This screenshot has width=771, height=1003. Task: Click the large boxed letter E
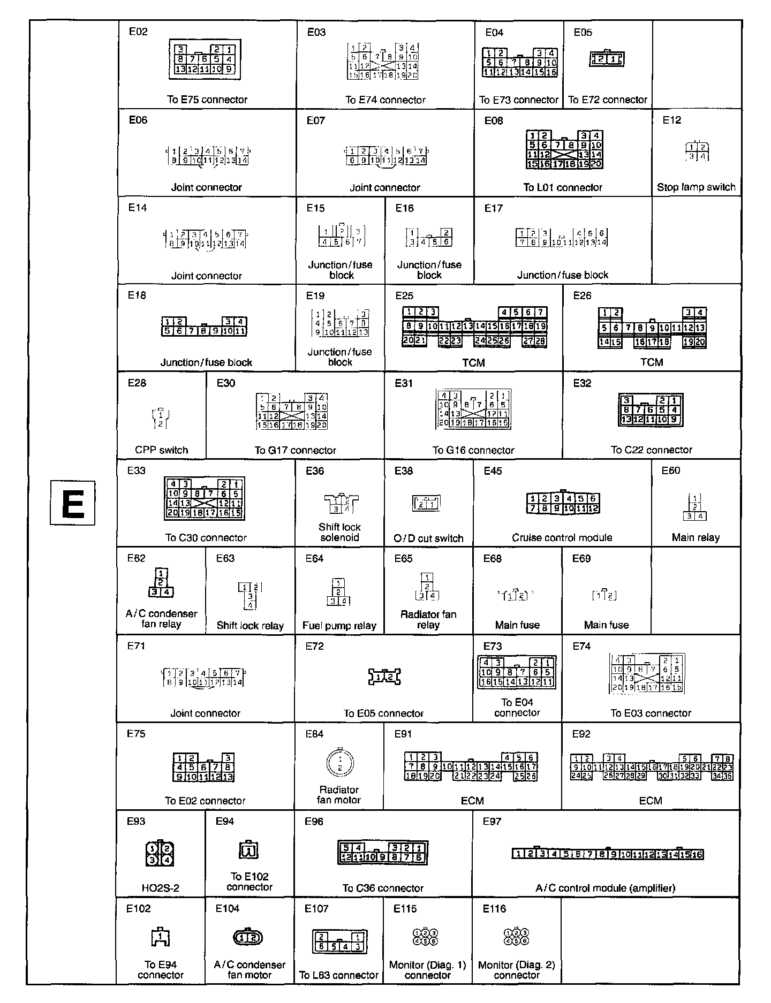72,503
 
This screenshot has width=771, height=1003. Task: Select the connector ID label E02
138,32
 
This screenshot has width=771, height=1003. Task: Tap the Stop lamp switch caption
696,187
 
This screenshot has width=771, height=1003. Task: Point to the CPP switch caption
161,450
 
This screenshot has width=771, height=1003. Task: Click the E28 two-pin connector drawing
161,418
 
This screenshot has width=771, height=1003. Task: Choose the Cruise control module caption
562,537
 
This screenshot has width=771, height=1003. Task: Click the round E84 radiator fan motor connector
339,763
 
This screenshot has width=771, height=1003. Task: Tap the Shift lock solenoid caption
339,532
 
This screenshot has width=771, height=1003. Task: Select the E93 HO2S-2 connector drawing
160,853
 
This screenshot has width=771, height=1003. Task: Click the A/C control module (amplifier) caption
605,888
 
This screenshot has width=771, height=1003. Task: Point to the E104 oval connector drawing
249,937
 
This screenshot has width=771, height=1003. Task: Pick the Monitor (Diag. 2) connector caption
516,970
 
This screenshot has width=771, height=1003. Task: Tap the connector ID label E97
492,821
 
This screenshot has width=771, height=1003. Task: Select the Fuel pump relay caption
339,625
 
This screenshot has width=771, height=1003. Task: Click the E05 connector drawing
607,59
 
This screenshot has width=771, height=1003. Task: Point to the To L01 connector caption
563,187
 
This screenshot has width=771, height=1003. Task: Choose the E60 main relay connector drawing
695,507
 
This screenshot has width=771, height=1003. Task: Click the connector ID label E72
315,646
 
